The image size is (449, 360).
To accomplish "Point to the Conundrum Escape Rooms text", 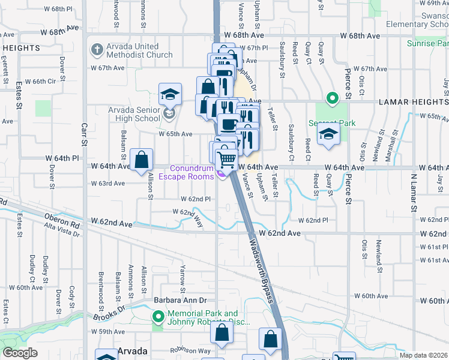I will coord(192,172).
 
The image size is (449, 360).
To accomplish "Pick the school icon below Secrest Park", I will coord(329,134).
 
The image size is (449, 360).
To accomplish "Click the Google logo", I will coord(19,352).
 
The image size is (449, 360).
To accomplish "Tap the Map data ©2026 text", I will coord(424,355).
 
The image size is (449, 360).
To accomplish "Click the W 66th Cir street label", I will coord(44,81).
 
